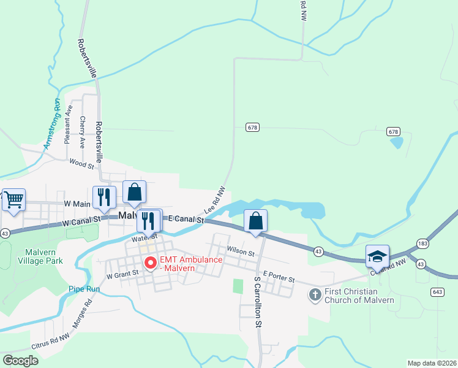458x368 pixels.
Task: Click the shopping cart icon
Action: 13,199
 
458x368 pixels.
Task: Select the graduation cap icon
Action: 377,256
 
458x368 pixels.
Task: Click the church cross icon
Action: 315,295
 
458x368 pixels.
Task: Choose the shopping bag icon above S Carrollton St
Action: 255,221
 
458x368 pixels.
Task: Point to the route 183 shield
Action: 422,243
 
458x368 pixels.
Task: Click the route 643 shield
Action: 437,291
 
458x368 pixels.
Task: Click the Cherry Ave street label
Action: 82,132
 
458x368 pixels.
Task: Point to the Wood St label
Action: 81,164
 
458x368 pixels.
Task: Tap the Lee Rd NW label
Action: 215,200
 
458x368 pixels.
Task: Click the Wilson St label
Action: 241,251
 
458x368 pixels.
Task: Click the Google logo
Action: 20,360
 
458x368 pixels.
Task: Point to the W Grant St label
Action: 122,275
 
